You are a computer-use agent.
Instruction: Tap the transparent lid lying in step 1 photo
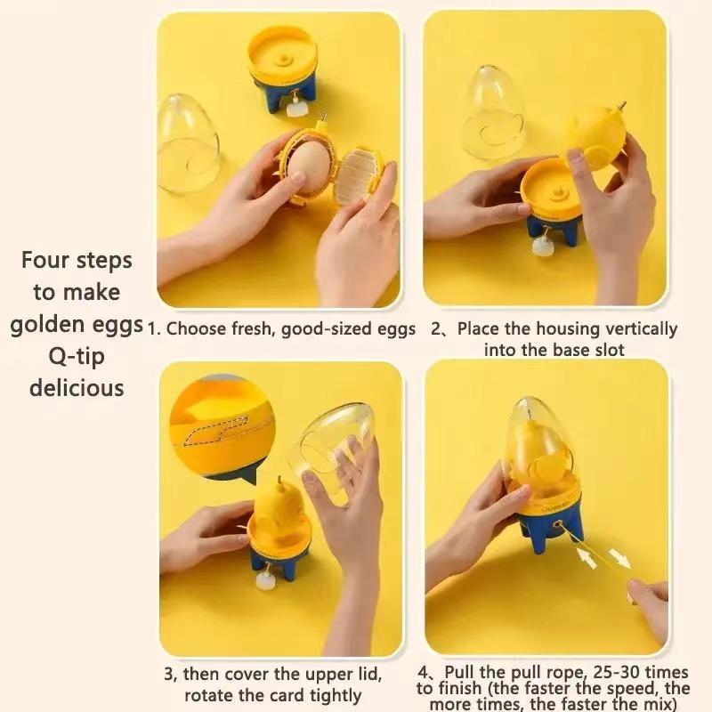[188, 142]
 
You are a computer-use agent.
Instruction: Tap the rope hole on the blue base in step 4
[557, 527]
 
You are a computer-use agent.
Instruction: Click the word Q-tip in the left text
[76, 357]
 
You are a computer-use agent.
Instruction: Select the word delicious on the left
[77, 388]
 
